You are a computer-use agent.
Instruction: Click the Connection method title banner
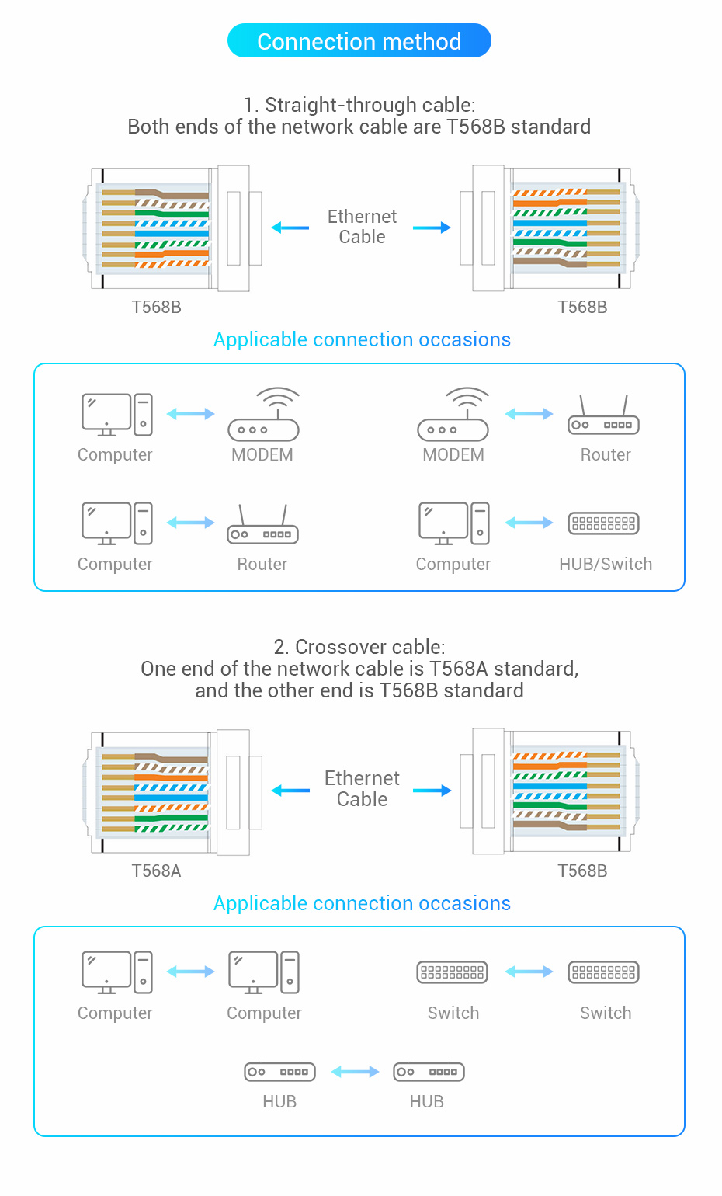359,40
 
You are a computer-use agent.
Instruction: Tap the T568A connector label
156,871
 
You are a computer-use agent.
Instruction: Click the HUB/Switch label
605,564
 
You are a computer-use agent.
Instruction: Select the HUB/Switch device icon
603,523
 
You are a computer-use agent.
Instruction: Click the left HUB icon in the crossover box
279,1072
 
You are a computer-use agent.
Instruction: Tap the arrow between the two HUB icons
355,1071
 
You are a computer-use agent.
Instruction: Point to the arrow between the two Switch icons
529,972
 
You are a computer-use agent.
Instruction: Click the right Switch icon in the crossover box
603,972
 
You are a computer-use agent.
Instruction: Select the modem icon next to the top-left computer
264,415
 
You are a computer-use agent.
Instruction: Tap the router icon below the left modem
262,524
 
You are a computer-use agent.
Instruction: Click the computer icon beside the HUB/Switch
453,523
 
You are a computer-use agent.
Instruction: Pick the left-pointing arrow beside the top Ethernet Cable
290,228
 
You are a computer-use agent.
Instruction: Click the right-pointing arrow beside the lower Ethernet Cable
432,791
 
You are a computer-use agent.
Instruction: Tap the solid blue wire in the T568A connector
171,798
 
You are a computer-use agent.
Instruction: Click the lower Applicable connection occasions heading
362,903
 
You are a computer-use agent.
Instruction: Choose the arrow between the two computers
190,972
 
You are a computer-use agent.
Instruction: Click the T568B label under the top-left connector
156,307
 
